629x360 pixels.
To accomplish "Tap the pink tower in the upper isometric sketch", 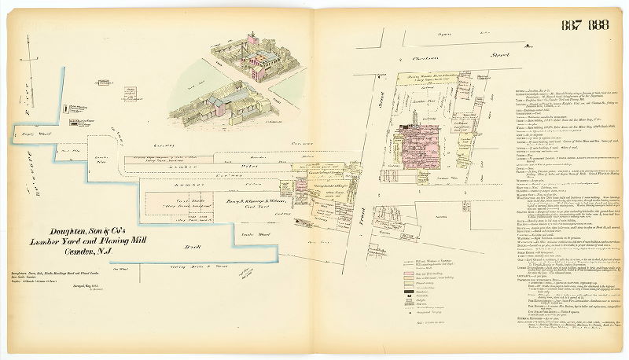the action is coord(254,39).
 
